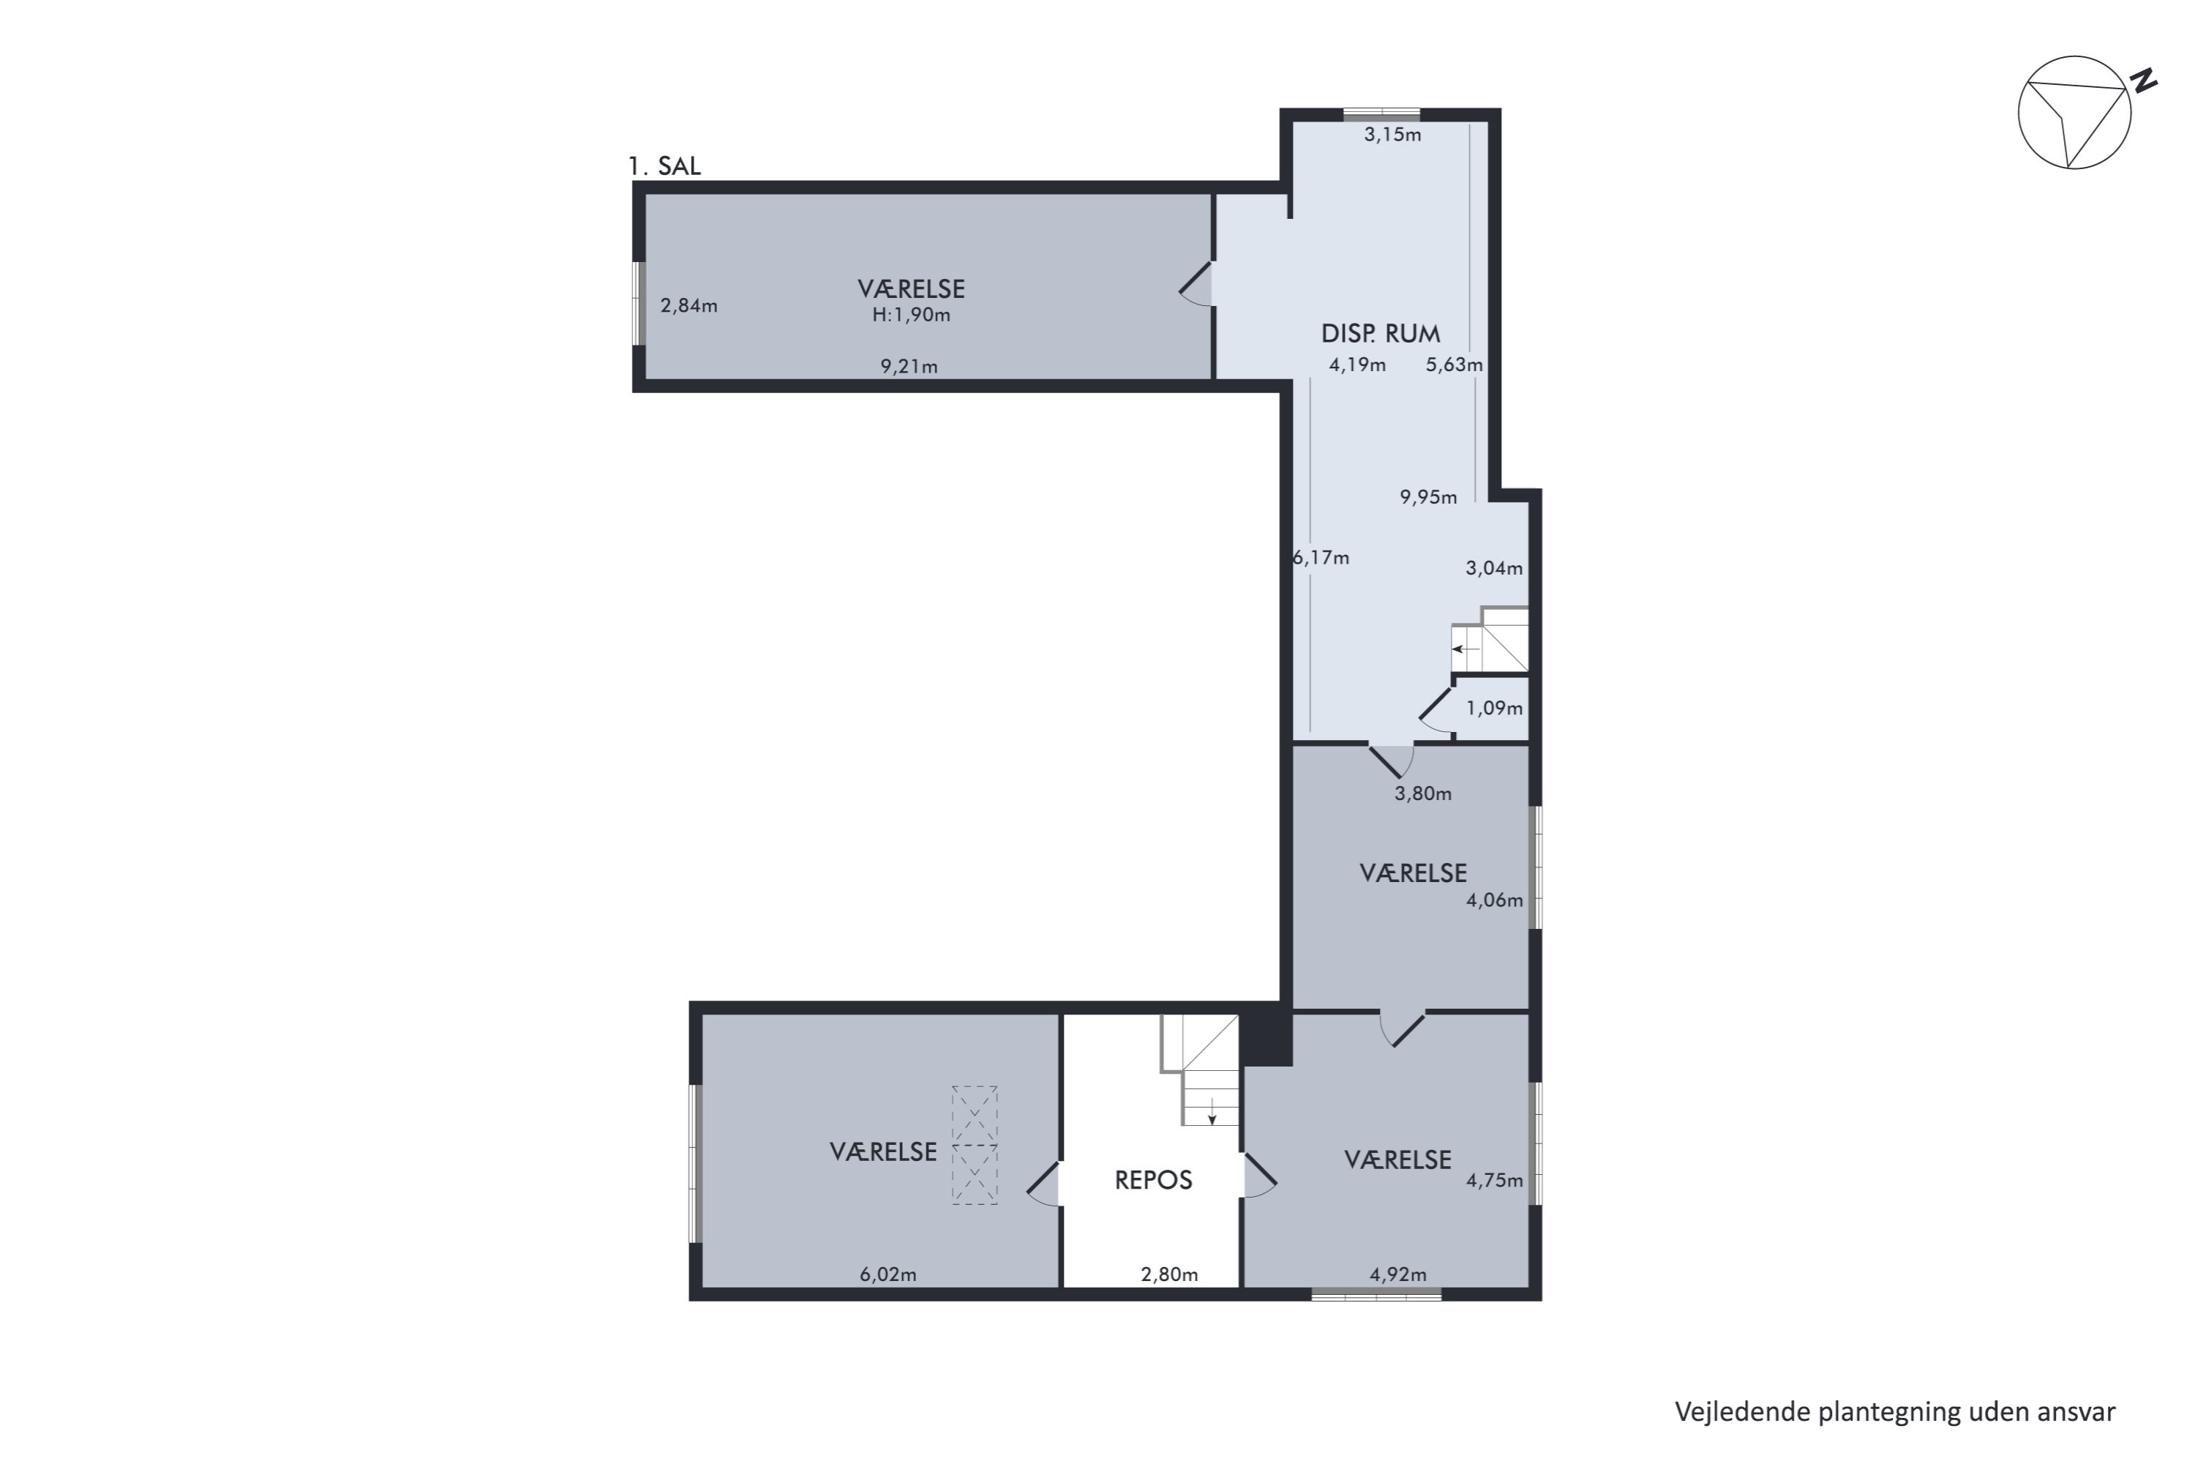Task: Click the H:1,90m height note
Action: click(911, 315)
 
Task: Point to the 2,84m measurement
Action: click(688, 305)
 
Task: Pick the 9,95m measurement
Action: click(1428, 498)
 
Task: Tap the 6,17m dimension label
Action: click(1321, 559)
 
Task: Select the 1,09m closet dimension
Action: click(1493, 708)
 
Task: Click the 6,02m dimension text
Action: click(888, 1274)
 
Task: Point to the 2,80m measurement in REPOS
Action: click(1168, 1274)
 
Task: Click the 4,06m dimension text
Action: click(1493, 900)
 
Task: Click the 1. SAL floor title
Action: click(664, 166)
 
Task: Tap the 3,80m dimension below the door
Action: click(1422, 794)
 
